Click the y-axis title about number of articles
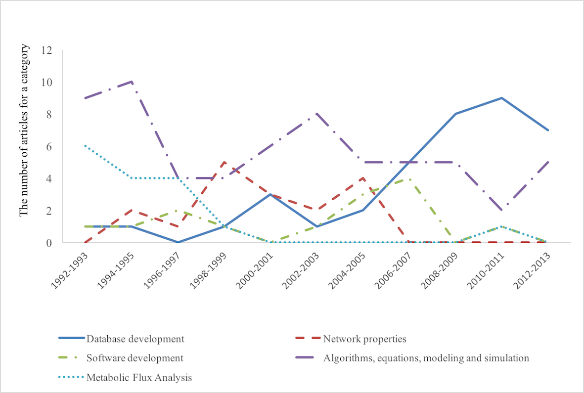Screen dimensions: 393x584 click(24, 130)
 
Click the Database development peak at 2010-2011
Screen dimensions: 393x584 click(501, 98)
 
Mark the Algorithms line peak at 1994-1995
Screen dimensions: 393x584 click(131, 82)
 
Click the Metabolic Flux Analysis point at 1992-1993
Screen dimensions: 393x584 click(85, 146)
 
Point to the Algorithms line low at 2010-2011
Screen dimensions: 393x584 click(501, 211)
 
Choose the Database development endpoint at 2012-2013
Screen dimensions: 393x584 click(548, 130)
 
